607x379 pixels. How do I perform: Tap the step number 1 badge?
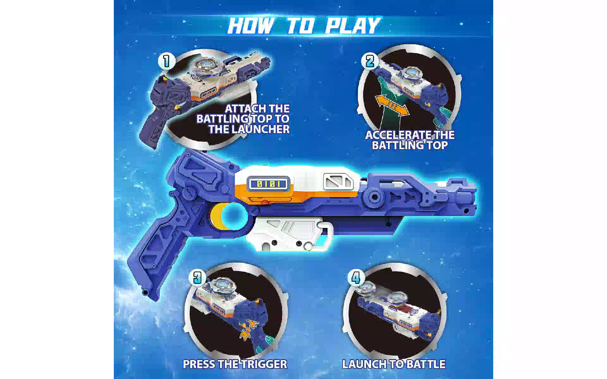(167, 61)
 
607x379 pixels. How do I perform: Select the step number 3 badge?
(197, 278)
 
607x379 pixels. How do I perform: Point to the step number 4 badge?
(356, 278)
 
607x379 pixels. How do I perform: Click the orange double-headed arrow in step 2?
(392, 106)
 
